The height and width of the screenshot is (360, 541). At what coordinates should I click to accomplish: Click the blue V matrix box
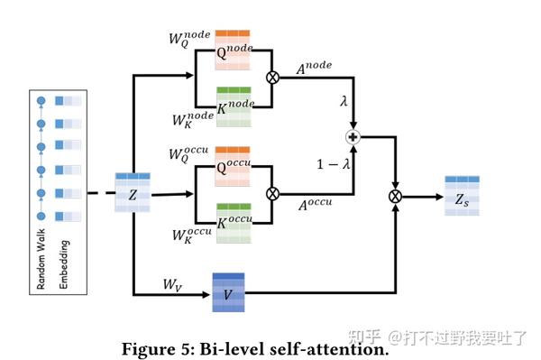(x=229, y=292)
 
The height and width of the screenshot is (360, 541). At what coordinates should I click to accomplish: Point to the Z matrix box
(x=133, y=193)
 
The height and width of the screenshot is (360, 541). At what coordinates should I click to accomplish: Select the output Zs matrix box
(x=462, y=195)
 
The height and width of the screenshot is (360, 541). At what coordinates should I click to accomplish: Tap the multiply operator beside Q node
(x=272, y=78)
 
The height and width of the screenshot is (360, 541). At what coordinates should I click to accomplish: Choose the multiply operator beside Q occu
(x=272, y=193)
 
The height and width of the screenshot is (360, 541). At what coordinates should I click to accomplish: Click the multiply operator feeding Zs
(x=394, y=195)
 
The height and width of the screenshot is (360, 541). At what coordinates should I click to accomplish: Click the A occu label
(x=316, y=205)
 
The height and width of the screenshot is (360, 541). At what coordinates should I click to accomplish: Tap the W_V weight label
(x=174, y=284)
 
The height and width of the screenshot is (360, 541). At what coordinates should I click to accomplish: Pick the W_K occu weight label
(x=192, y=236)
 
